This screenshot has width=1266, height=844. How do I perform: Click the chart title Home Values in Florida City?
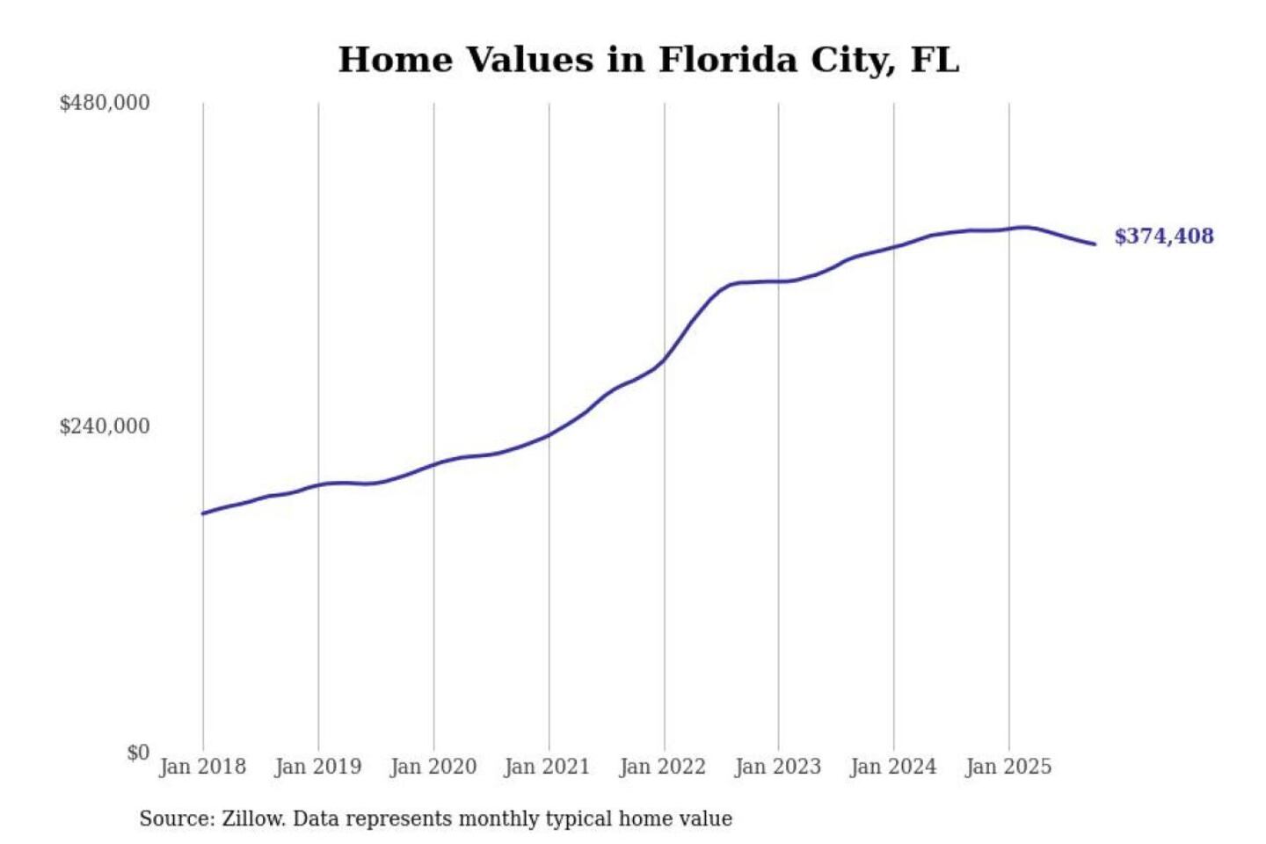pos(648,60)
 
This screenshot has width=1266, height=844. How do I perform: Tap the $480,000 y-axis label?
pos(105,103)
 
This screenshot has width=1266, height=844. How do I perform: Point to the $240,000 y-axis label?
pos(105,426)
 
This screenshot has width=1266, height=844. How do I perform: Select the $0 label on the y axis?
pos(138,753)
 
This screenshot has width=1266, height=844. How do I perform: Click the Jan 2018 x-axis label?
pos(202,767)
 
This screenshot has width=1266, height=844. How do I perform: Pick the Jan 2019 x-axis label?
pos(317,767)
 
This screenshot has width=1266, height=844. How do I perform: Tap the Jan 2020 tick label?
pos(433,767)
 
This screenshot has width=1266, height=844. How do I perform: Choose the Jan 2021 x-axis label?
pos(547,767)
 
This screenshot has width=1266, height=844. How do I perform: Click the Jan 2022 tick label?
pos(662,767)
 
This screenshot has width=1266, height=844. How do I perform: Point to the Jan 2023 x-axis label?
pos(777,767)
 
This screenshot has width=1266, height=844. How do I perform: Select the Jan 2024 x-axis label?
pos(892,767)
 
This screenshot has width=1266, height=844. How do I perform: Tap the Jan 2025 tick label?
pos(1008,767)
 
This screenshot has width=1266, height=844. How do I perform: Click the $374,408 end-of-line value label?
pos(1163,236)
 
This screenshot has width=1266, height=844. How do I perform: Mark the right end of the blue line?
pos(1095,244)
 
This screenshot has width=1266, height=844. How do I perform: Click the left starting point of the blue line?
pos(203,513)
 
